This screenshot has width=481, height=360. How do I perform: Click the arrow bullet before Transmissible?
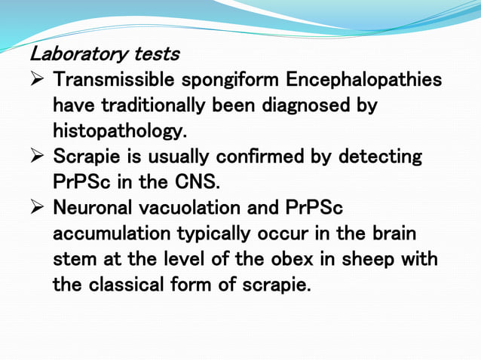[x=39, y=80]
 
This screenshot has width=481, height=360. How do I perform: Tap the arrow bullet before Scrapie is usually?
[x=39, y=157]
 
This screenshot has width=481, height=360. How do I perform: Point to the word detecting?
[x=379, y=157]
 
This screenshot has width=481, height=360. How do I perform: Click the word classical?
[x=125, y=285]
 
